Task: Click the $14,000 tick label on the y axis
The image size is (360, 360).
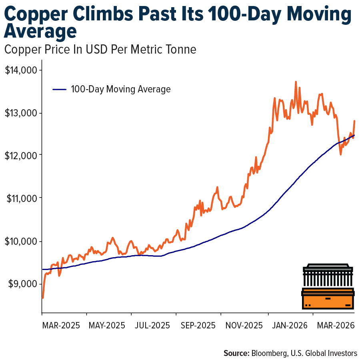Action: click(x=21, y=70)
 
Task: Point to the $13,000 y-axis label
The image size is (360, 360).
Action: click(x=21, y=113)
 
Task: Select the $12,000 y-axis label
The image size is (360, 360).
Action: click(x=21, y=156)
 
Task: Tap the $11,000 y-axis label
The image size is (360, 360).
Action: click(x=21, y=198)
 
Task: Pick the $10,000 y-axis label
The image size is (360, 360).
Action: click(x=21, y=241)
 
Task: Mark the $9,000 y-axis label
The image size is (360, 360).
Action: click(x=22, y=284)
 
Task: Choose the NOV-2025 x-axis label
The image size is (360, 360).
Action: click(x=243, y=325)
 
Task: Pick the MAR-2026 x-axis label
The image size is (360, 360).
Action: click(x=334, y=325)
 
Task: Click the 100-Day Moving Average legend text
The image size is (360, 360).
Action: click(x=121, y=89)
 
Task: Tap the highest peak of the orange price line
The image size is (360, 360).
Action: click(x=296, y=82)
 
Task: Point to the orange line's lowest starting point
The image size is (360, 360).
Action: click(x=43, y=298)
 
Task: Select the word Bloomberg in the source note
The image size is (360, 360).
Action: click(x=271, y=353)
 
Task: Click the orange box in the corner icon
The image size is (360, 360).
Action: click(x=328, y=298)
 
